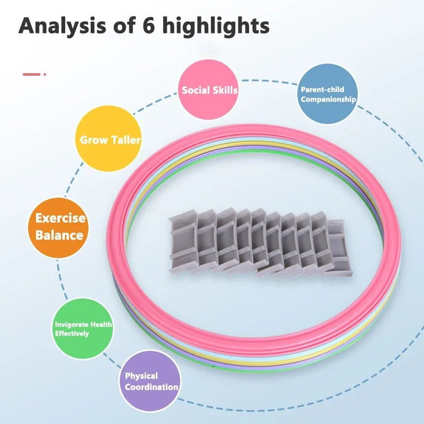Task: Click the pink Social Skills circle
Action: (x=208, y=91)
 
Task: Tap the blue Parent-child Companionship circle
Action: (x=327, y=94)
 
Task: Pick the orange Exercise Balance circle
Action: (x=59, y=227)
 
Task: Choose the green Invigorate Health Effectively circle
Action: (x=83, y=329)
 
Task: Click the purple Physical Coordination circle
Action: (x=151, y=382)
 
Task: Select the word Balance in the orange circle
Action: (x=59, y=236)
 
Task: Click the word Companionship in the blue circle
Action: (x=328, y=100)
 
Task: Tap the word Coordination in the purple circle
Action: (x=151, y=387)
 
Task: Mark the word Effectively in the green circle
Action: (x=72, y=333)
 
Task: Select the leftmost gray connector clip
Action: (x=183, y=245)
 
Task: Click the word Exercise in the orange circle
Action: (x=59, y=218)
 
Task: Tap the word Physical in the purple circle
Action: (x=141, y=376)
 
